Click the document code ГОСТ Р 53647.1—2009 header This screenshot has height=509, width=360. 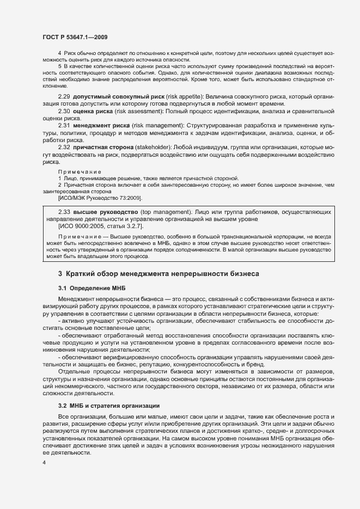[75, 37]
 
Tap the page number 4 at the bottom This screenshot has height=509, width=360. [44, 462]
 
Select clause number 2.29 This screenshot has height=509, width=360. [64, 96]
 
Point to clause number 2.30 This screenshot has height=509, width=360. [64, 111]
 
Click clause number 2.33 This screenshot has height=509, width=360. [64, 211]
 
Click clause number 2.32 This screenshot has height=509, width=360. [64, 148]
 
